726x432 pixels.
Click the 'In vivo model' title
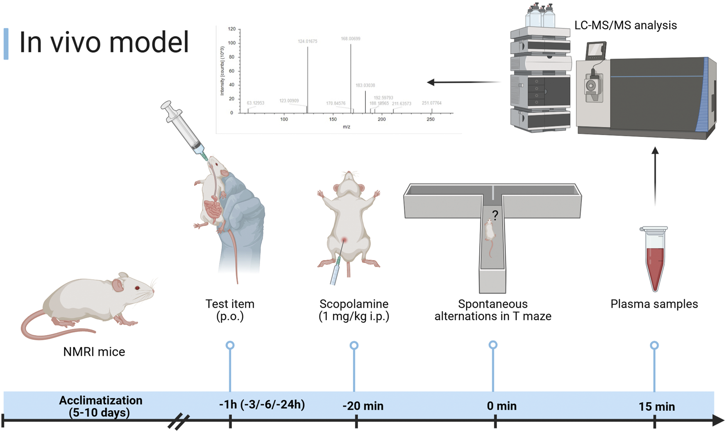(x=104, y=43)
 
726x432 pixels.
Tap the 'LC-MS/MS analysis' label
(x=625, y=25)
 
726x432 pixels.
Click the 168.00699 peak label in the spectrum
(x=350, y=39)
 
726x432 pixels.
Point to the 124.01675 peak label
(x=307, y=41)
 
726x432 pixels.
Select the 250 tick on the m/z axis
(x=430, y=119)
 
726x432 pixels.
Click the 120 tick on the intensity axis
(x=232, y=29)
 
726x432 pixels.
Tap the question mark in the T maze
(x=495, y=215)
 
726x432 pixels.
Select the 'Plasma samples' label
(x=654, y=304)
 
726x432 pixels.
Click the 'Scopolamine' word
(x=354, y=304)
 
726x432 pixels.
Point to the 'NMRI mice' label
(x=94, y=352)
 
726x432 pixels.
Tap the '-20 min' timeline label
(x=363, y=406)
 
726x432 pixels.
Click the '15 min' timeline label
(x=656, y=407)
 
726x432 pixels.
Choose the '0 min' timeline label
(x=501, y=406)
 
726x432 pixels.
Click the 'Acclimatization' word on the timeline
(x=100, y=400)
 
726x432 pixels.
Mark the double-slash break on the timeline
(x=179, y=422)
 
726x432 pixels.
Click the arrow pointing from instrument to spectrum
(x=463, y=82)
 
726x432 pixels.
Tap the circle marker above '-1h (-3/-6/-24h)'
(x=230, y=346)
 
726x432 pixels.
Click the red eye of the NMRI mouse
(x=138, y=288)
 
